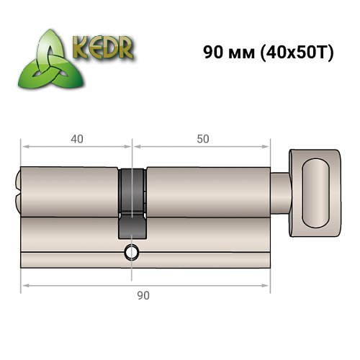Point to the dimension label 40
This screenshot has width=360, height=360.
pyautogui.click(x=76, y=139)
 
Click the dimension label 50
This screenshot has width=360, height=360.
pyautogui.click(x=202, y=139)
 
